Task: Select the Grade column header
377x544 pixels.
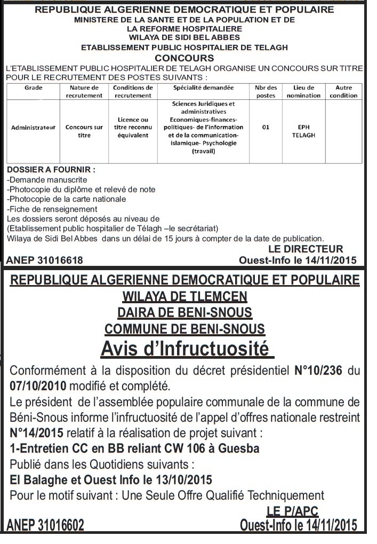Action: coord(33,88)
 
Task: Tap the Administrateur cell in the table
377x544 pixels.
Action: coord(33,128)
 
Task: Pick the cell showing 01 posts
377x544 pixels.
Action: coord(265,128)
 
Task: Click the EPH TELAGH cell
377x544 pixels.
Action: coord(303,131)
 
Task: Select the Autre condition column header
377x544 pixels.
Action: coord(343,91)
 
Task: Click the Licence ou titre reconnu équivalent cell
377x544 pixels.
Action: coord(133,128)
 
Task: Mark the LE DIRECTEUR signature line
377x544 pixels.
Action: coord(306,249)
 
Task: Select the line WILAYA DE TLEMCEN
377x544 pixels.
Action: coord(185,295)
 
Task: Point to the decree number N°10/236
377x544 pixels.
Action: coord(319,370)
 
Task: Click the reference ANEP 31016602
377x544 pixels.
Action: coord(45,526)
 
